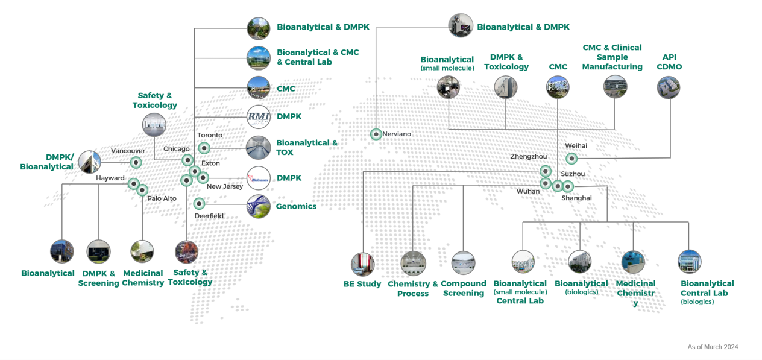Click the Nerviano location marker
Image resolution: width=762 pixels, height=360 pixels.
[x=376, y=134]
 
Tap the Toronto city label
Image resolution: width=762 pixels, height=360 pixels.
[x=210, y=135]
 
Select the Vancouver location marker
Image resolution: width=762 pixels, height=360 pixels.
[x=136, y=162]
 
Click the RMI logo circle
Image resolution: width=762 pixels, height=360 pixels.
[x=259, y=116]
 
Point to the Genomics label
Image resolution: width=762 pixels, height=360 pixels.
[x=296, y=206]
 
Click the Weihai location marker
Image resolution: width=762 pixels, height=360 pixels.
[x=571, y=159]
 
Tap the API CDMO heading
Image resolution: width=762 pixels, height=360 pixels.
[x=669, y=62]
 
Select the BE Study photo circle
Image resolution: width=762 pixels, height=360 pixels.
[x=363, y=264]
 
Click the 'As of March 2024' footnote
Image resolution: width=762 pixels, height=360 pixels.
[x=713, y=347]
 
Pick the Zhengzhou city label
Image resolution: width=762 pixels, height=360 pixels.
[x=529, y=157]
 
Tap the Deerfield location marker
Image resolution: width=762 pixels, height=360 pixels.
[x=199, y=203]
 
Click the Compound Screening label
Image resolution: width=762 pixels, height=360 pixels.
[x=464, y=288]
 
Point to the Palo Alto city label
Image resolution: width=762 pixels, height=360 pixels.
[x=162, y=198]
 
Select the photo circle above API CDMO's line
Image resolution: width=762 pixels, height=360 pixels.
[x=669, y=87]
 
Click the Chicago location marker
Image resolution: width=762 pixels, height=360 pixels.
[x=187, y=160]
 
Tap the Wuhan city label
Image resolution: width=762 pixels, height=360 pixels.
[x=528, y=191]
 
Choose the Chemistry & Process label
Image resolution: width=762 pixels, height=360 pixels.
[x=413, y=289]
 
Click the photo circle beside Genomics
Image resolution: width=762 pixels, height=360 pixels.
[x=259, y=206]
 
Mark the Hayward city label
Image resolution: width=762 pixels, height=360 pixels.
[x=110, y=178]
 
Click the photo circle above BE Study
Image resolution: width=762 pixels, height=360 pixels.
[x=363, y=264]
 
